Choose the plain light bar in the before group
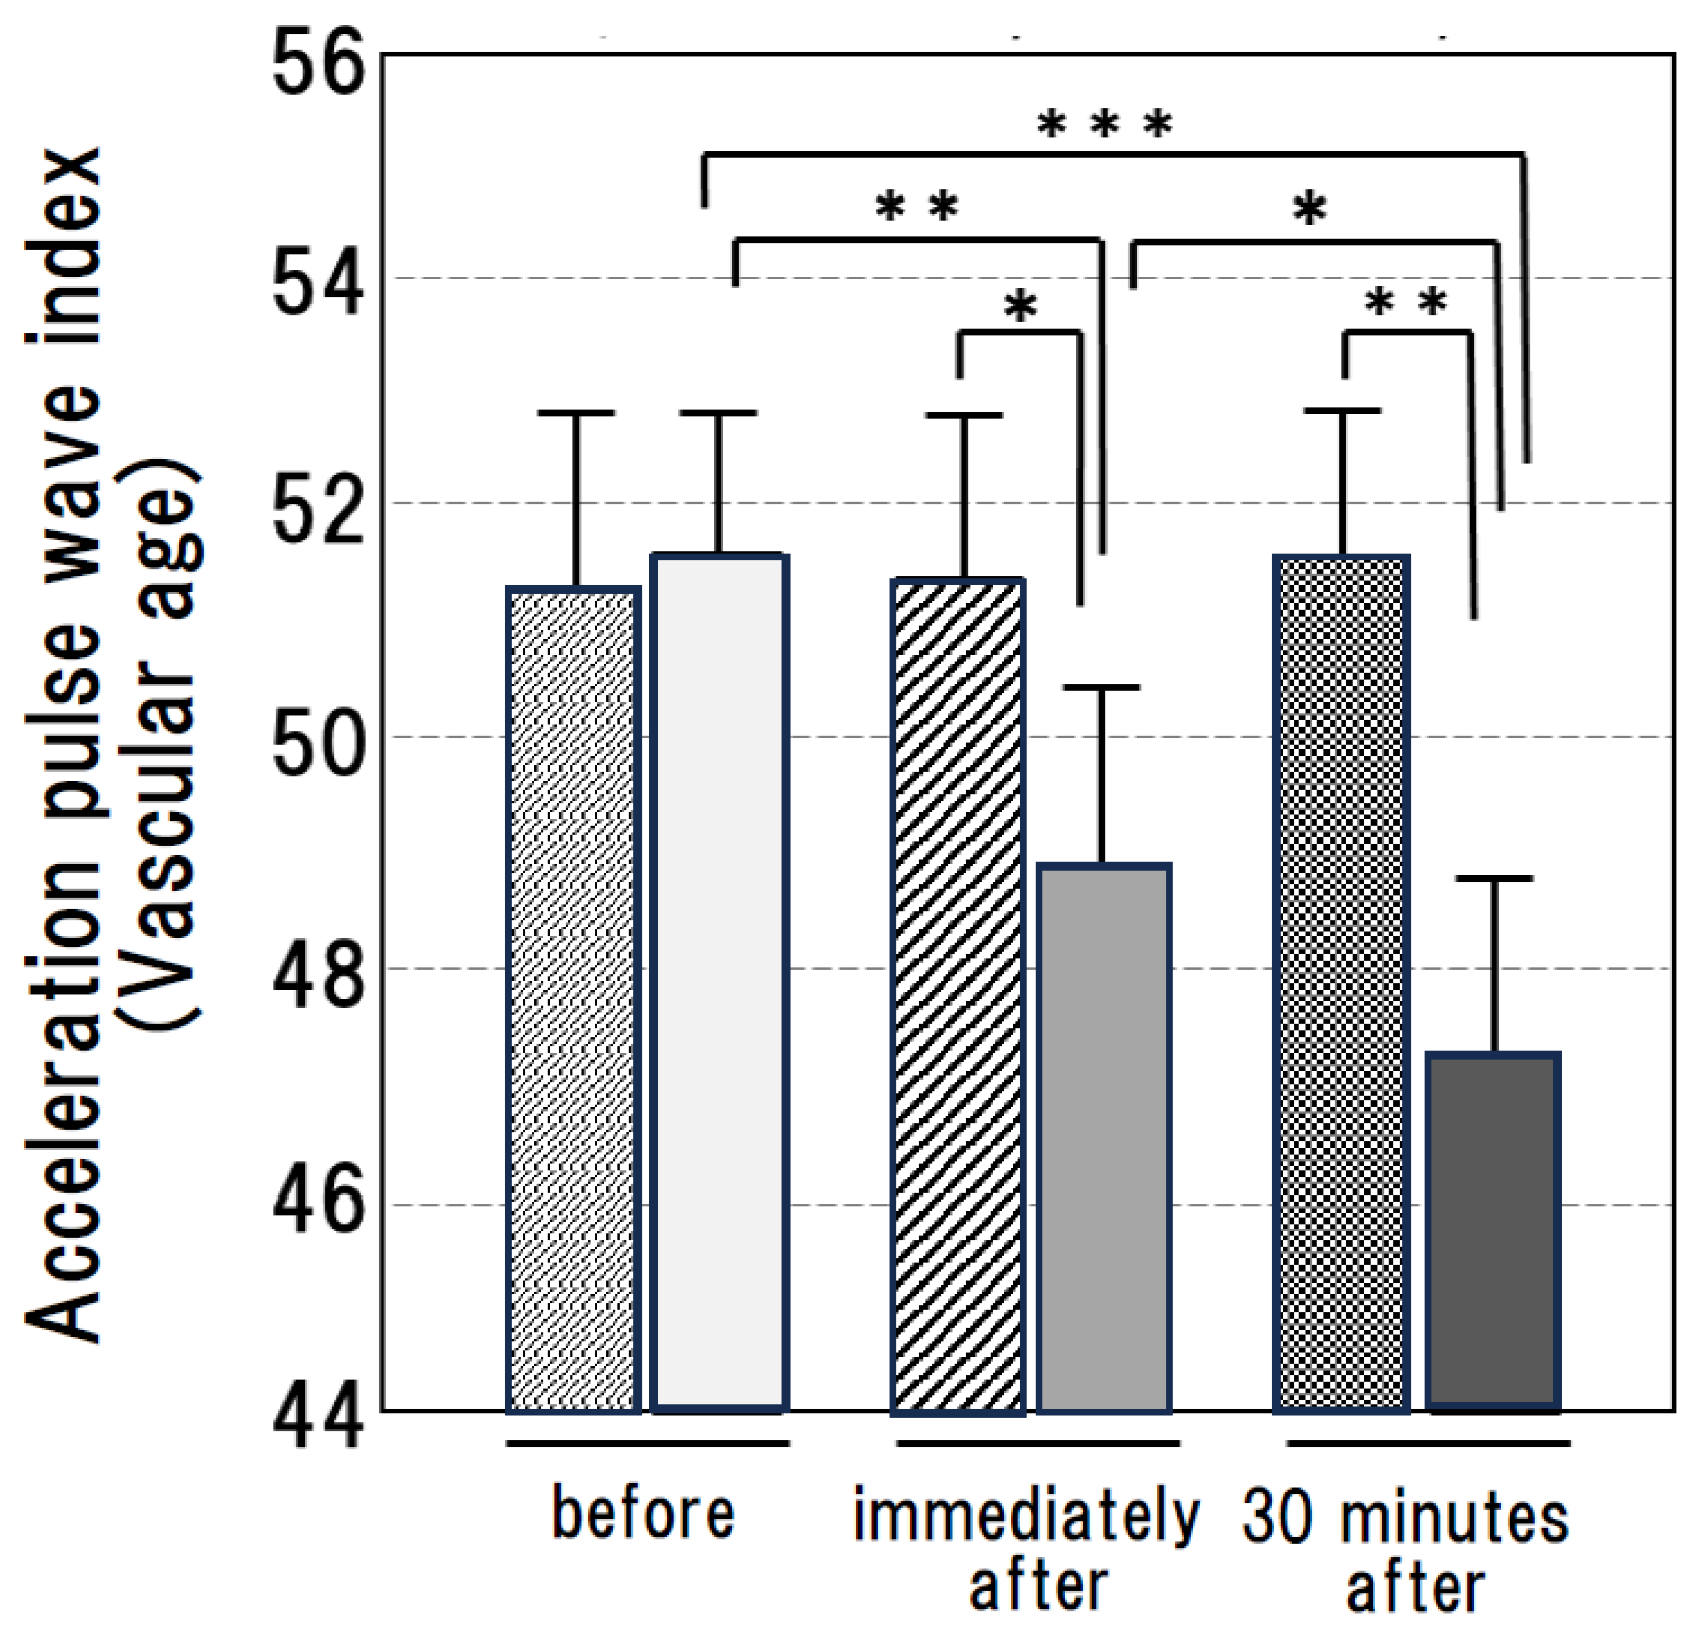[720, 982]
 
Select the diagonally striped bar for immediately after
[958, 995]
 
